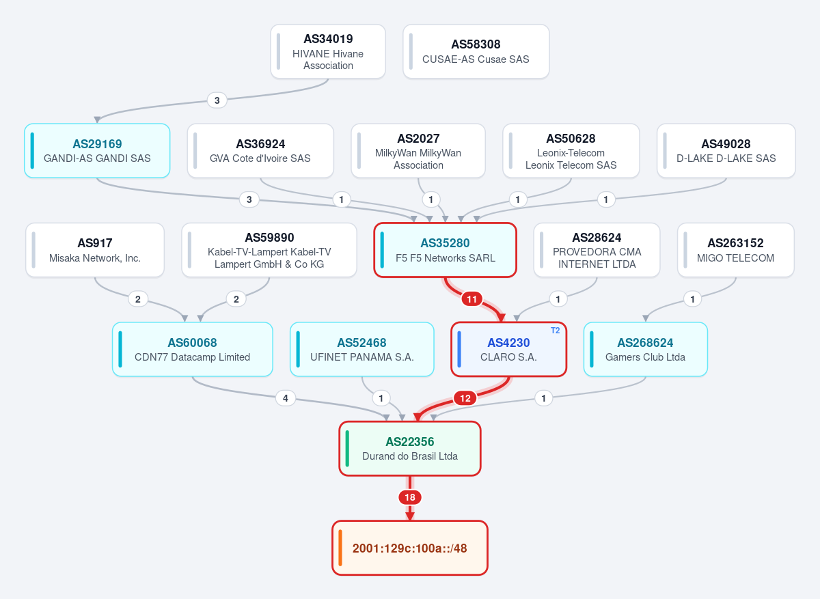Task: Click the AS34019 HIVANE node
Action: [328, 52]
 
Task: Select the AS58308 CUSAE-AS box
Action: [476, 52]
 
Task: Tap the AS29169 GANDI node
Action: [97, 151]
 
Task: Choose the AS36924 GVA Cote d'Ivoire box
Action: [260, 151]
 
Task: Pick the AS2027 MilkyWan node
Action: [418, 151]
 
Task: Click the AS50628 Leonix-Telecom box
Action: [571, 151]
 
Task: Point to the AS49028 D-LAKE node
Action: [726, 151]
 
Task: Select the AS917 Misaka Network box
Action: [95, 250]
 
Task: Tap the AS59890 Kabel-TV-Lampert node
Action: [269, 250]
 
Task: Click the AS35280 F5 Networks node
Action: [445, 250]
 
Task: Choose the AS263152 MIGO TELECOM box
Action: [736, 250]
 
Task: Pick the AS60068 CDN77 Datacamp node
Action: [193, 350]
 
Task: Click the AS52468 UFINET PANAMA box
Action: [362, 350]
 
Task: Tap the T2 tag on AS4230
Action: [555, 331]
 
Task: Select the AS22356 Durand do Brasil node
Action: [410, 449]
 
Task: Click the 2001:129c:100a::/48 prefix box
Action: [410, 548]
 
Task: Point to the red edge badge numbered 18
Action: [410, 497]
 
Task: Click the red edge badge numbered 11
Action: [472, 299]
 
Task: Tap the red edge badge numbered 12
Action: [465, 398]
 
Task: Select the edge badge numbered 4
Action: [286, 398]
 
